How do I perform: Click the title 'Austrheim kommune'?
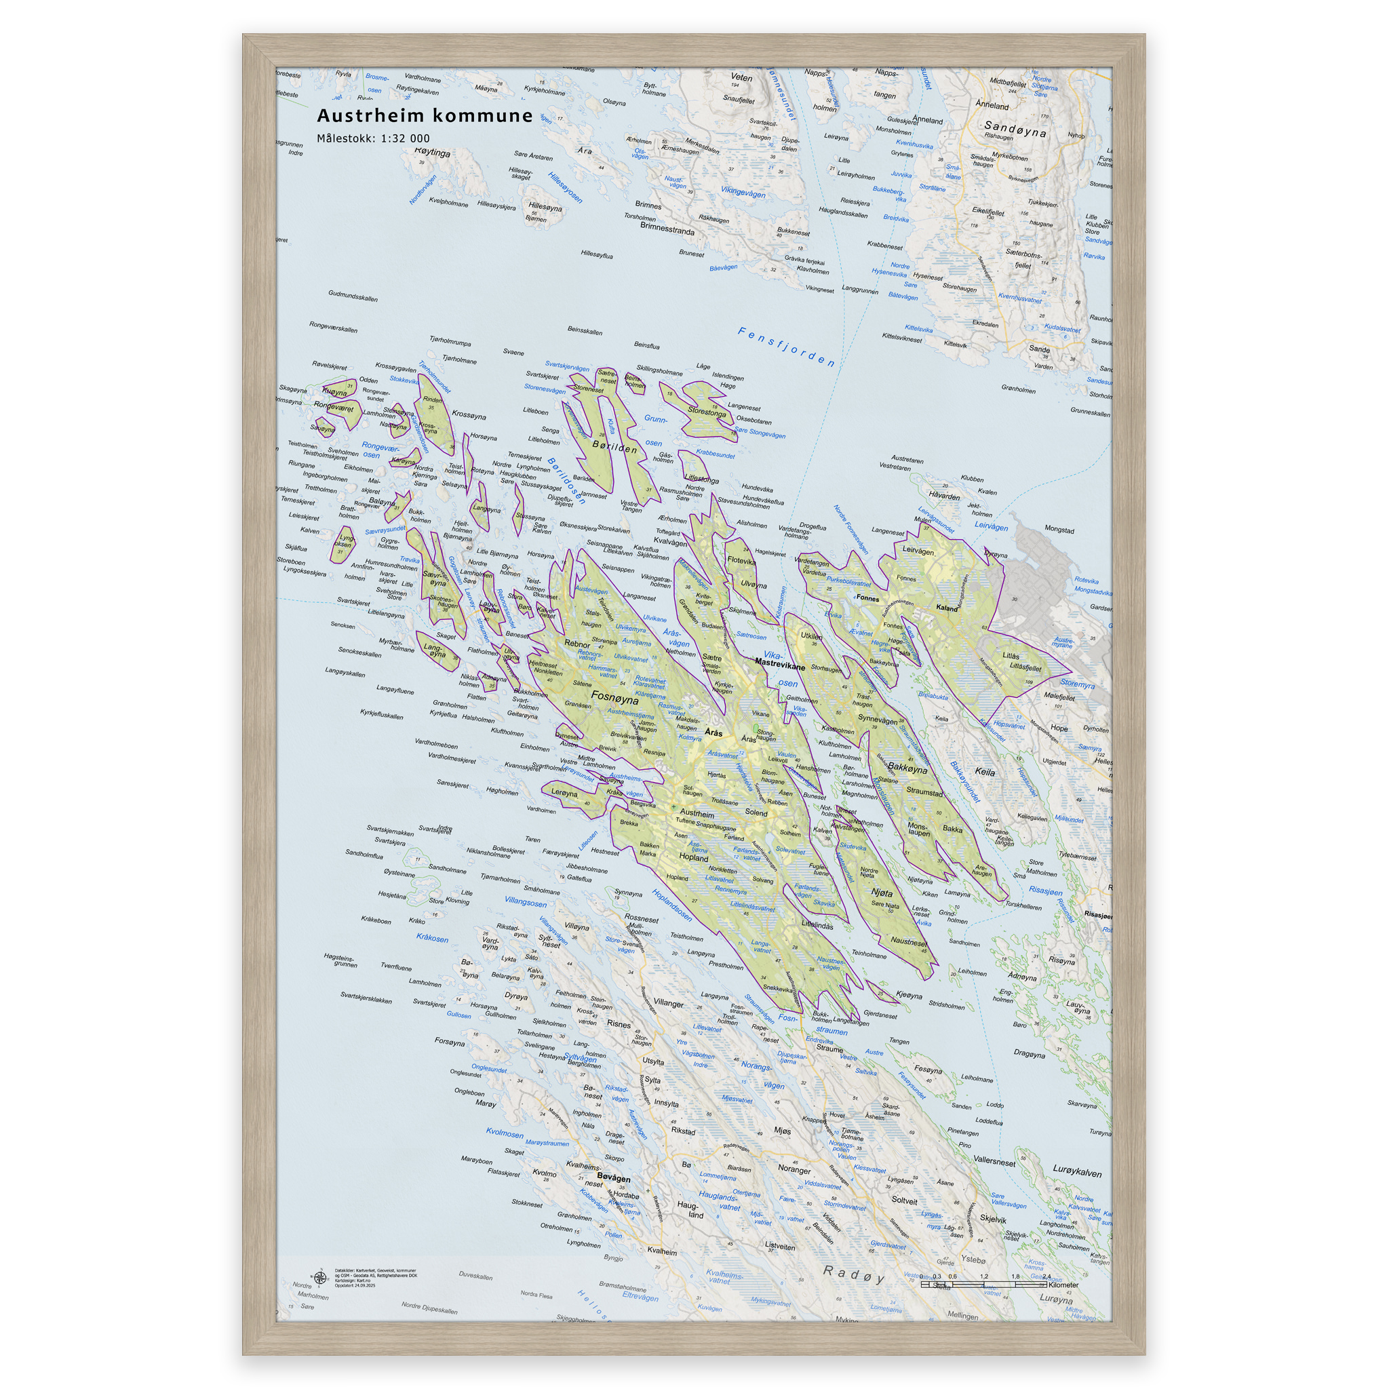click(x=425, y=116)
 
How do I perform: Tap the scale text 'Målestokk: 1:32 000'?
click(x=373, y=139)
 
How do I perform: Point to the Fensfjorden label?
click(x=787, y=347)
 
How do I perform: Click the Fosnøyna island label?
click(x=614, y=697)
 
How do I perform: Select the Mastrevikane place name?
click(x=780, y=667)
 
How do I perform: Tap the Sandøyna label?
click(x=1015, y=129)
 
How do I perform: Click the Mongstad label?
click(x=1058, y=530)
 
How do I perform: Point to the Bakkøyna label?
click(x=907, y=768)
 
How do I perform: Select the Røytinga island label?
click(x=432, y=153)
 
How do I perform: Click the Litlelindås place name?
click(x=817, y=925)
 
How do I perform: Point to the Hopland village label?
click(x=694, y=858)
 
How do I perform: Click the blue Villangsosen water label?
click(x=525, y=901)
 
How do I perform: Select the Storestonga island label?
click(x=707, y=412)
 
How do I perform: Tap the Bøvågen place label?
click(x=613, y=1178)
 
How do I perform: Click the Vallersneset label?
click(x=994, y=1160)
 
